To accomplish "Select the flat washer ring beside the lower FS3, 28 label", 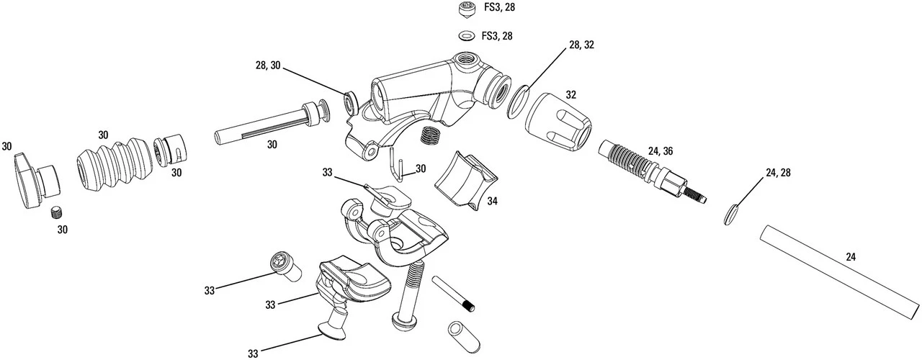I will (466, 36).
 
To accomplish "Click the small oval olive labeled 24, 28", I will (731, 215).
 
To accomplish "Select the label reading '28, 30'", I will (269, 66).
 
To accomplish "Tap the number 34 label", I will (492, 202).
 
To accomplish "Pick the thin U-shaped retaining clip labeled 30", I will (395, 165).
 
